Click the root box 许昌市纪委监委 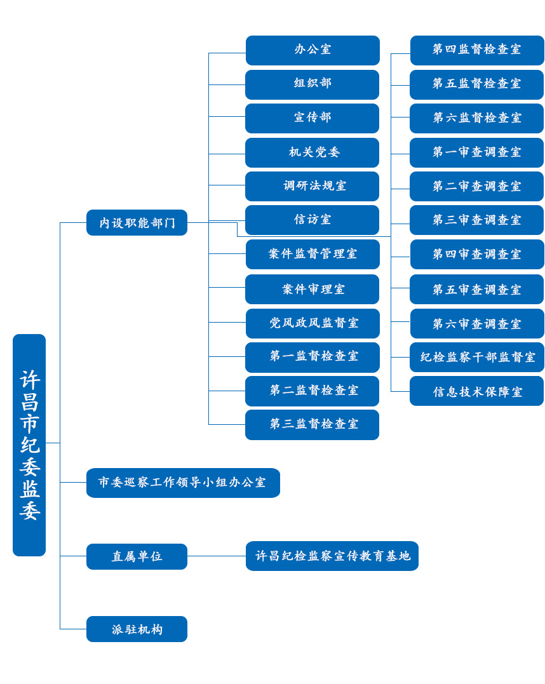(29, 445)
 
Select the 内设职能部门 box (137, 223)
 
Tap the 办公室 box (313, 50)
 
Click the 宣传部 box (313, 118)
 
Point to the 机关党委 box (313, 152)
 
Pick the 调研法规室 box (313, 186)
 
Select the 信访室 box (313, 220)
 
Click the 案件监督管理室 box (313, 254)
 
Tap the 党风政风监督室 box (313, 323)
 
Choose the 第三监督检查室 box (313, 424)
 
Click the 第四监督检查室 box (477, 50)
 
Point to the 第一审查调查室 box (477, 152)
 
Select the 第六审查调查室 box (477, 323)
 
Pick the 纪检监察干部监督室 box (477, 357)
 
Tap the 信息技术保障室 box (477, 391)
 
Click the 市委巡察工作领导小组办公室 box (183, 483)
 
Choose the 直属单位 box (137, 556)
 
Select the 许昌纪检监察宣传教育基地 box (332, 556)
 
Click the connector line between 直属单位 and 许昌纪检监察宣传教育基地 (216, 556)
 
